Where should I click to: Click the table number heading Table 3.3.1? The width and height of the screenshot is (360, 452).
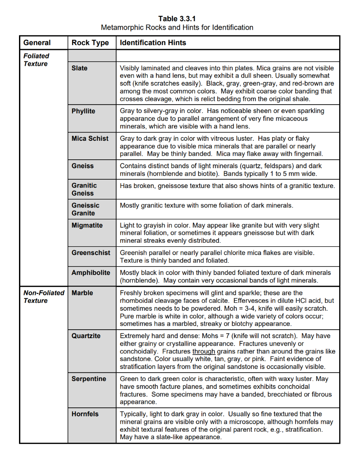click(x=177, y=19)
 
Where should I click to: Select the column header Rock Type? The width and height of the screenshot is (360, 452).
click(x=90, y=43)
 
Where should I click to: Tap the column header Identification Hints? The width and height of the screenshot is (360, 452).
click(x=153, y=43)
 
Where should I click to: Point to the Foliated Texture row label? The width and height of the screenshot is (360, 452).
click(x=36, y=60)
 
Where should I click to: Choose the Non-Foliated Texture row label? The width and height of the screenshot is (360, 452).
click(x=43, y=297)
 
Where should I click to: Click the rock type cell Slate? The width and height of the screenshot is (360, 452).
click(x=80, y=68)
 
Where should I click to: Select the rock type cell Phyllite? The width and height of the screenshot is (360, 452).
click(x=83, y=111)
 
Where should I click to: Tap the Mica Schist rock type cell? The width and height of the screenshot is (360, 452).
click(x=90, y=138)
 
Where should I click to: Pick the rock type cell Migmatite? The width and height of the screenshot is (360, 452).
click(x=87, y=225)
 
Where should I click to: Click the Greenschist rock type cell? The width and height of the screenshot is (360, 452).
click(x=91, y=252)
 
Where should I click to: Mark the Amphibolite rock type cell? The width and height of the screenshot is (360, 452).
click(x=91, y=272)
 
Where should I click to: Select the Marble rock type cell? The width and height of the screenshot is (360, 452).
click(x=82, y=293)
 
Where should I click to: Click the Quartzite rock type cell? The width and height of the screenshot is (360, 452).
click(x=86, y=336)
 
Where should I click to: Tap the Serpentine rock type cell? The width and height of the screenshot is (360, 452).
click(x=89, y=379)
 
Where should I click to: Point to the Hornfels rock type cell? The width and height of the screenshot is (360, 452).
click(x=85, y=414)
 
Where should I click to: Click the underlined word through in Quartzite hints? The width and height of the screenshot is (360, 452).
click(x=204, y=351)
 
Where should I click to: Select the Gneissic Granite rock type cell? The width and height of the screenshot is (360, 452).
click(x=86, y=209)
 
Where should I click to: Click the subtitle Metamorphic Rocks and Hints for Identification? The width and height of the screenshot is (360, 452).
click(x=177, y=27)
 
